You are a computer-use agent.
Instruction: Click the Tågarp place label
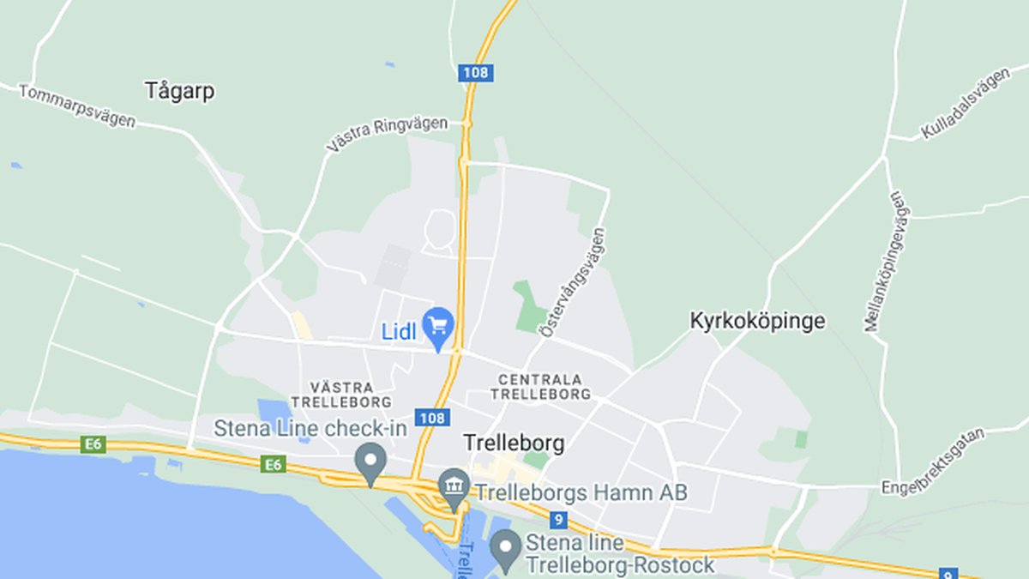tap(179, 91)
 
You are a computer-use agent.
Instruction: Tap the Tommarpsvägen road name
tap(77, 106)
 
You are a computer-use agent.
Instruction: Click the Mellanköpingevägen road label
tap(887, 261)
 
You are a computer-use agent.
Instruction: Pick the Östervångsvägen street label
tap(572, 281)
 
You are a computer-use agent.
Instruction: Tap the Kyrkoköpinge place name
tap(757, 321)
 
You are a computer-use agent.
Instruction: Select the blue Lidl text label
tap(399, 332)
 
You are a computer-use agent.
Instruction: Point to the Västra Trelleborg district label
tap(340, 394)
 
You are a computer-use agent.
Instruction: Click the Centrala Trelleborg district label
tap(540, 386)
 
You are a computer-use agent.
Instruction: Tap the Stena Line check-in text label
tap(310, 428)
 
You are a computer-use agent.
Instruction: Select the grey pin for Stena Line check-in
tap(370, 462)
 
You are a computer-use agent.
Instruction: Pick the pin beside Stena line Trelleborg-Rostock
tap(505, 547)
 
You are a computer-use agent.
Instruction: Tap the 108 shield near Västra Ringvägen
tap(474, 72)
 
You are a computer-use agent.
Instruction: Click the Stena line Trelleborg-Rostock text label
tap(619, 554)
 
